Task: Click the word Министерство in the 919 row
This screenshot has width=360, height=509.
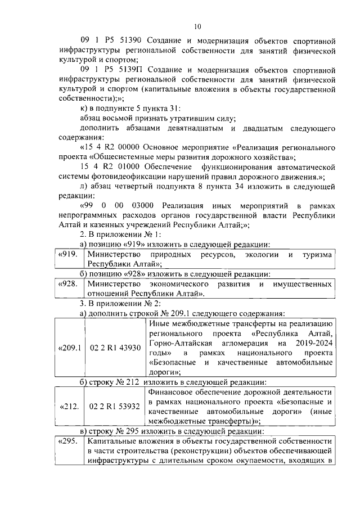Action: (114, 255)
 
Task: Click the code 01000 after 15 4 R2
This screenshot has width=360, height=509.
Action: (133, 168)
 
